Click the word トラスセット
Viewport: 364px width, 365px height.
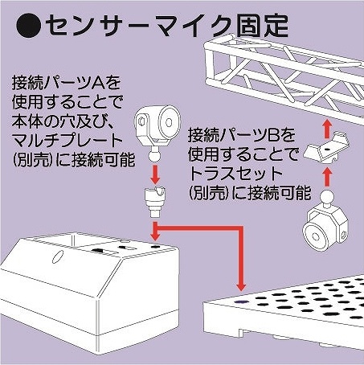click(235, 174)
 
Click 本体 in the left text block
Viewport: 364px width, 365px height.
click(27, 121)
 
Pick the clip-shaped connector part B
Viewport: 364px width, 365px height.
click(326, 148)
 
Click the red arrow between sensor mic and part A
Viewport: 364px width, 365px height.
click(155, 174)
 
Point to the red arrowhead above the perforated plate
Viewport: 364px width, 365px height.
click(241, 286)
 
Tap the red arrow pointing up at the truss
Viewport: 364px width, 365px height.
click(326, 129)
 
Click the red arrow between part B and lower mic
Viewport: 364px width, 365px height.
click(326, 176)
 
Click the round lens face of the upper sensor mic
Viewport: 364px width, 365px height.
click(169, 122)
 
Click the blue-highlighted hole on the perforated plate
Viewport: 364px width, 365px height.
click(241, 301)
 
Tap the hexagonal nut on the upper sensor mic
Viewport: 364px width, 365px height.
click(141, 122)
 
